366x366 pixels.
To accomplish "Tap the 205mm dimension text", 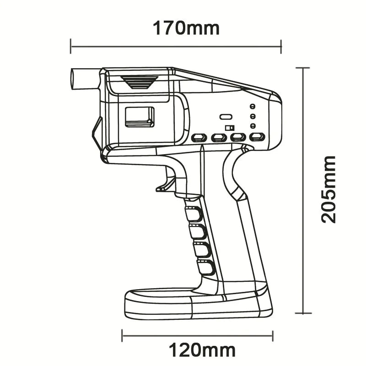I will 328,189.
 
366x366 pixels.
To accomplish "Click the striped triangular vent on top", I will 140,82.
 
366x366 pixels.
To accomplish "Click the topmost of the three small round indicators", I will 252,106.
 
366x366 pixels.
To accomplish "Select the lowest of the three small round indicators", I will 252,126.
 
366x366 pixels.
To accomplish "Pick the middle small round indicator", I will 252,116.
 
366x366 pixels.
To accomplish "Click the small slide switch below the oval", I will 229,128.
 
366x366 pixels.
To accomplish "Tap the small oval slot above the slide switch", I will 225,117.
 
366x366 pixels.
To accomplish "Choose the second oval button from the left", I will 219,137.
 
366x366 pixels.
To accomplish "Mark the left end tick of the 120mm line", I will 122,335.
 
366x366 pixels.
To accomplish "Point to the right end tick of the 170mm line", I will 281,46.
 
